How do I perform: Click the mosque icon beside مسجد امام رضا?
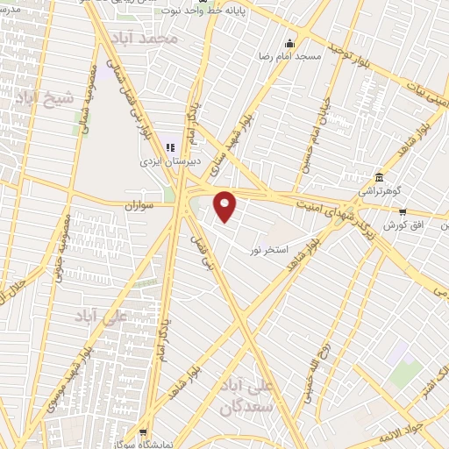[x=289, y=43]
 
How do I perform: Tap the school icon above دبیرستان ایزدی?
[x=170, y=149]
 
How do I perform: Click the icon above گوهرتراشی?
[x=379, y=176]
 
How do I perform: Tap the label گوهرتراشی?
[x=378, y=189]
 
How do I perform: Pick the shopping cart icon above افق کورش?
[x=403, y=211]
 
